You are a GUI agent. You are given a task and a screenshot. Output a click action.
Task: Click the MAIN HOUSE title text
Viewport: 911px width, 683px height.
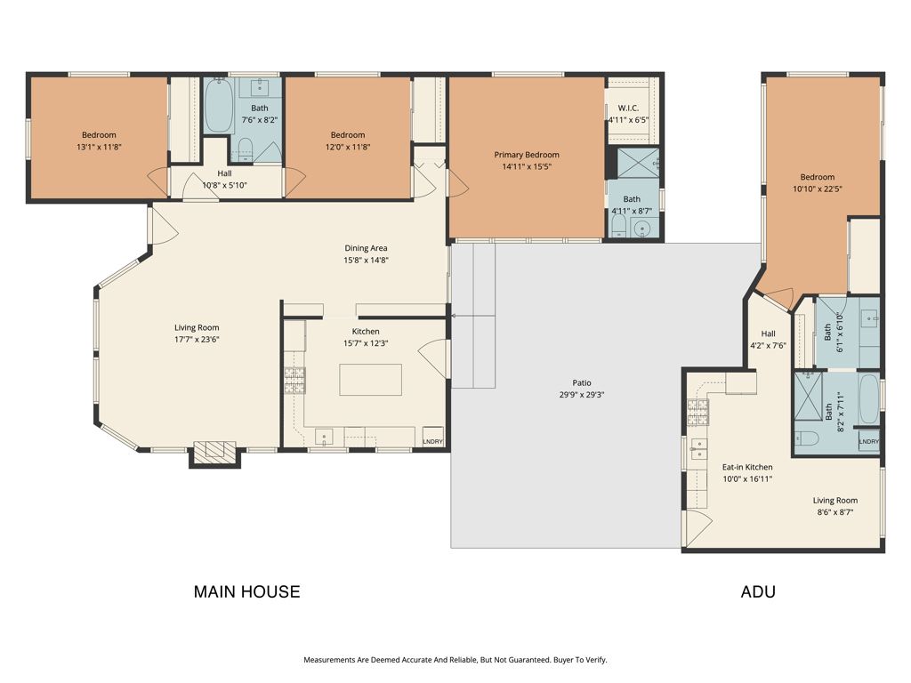246,591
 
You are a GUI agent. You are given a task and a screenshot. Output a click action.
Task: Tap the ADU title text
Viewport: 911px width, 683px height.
757,591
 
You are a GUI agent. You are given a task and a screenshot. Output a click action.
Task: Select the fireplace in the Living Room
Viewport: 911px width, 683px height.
215,453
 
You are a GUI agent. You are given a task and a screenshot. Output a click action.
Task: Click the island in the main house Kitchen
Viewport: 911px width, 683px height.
369,379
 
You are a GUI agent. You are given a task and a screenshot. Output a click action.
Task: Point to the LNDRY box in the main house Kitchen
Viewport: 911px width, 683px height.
432,441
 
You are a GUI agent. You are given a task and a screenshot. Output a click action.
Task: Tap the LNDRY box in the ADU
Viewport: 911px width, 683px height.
869,442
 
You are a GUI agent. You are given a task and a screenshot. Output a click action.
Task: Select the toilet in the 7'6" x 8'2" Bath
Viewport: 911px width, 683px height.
246,149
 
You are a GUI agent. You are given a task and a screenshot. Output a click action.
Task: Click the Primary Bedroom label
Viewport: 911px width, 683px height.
527,155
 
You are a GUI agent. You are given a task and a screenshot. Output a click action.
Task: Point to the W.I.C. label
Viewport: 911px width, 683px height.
629,108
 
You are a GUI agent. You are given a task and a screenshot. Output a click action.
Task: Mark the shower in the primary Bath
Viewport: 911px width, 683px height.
639,163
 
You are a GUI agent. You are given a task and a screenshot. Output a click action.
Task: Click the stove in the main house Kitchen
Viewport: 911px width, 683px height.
294,381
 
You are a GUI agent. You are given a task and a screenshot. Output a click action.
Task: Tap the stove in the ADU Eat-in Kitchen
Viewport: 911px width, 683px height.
697,410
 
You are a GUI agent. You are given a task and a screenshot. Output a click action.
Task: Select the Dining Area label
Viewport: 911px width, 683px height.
367,248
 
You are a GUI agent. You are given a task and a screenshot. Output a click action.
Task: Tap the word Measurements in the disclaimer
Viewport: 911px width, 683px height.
330,660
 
